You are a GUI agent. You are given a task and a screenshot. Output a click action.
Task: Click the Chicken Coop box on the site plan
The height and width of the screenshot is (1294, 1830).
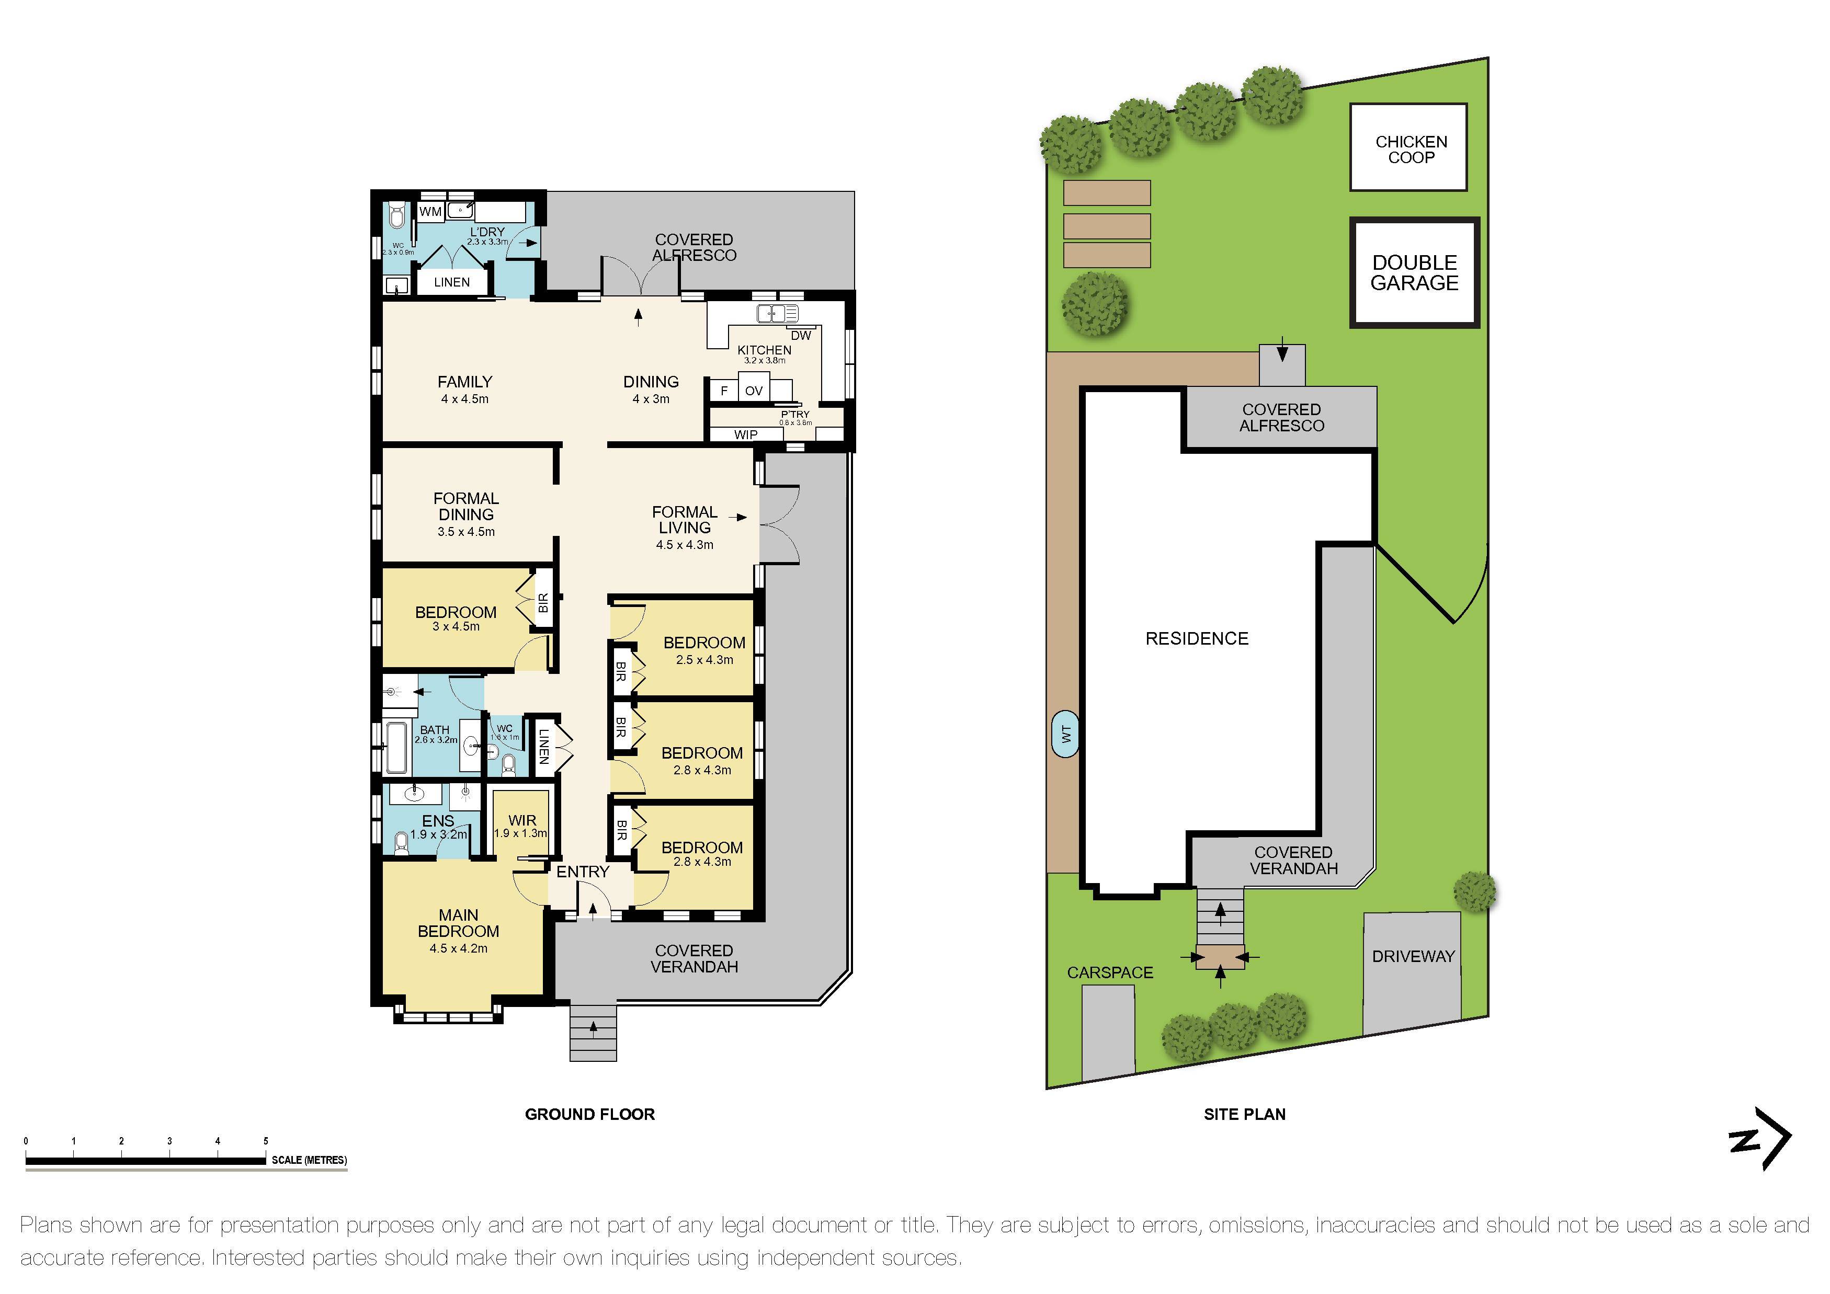[1408, 147]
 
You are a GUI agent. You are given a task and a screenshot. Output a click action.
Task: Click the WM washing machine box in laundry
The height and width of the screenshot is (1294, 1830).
[430, 212]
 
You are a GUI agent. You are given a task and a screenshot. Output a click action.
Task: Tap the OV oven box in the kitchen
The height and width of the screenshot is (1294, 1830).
[753, 391]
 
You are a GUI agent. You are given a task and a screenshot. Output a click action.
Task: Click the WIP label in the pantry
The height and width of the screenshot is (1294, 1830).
[746, 434]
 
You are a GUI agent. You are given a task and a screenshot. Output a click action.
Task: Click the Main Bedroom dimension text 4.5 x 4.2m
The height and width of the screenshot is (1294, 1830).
[458, 948]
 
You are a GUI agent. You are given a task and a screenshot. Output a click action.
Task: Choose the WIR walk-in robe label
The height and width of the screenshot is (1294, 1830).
[522, 820]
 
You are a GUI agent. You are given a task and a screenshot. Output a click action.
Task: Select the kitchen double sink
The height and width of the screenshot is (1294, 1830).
[776, 313]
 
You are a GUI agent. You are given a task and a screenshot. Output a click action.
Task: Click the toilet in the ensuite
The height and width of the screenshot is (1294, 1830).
[401, 843]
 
